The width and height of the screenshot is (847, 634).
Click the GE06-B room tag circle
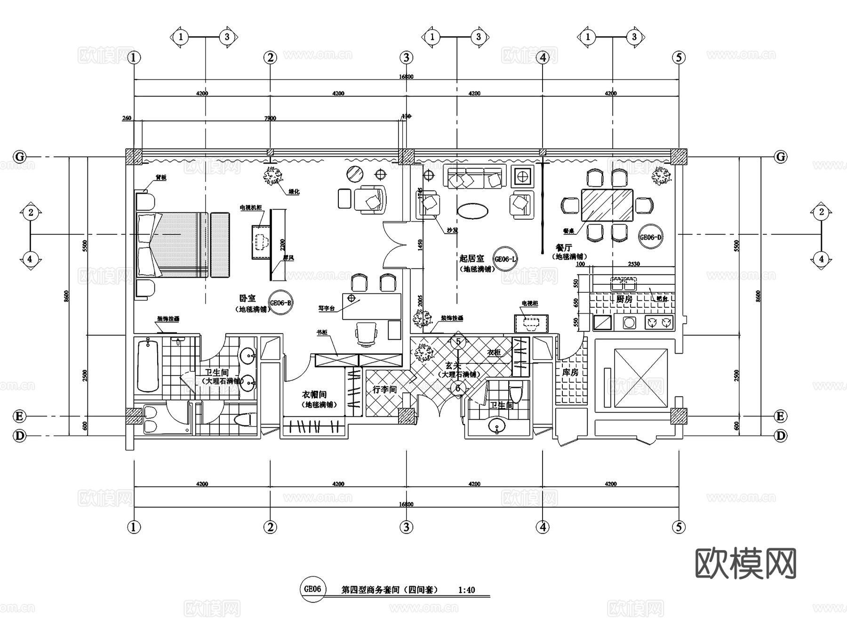(280, 303)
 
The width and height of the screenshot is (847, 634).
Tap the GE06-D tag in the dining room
(650, 238)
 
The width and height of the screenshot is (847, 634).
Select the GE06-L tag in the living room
(505, 259)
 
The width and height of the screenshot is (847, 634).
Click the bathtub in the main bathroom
(148, 365)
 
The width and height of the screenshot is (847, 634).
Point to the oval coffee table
(473, 210)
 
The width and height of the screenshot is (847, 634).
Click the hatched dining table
(607, 205)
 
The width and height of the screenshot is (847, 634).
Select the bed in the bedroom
(172, 245)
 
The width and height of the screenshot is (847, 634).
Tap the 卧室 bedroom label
(248, 298)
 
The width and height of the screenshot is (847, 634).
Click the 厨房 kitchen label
(624, 299)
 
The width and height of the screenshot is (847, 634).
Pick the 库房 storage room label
(570, 372)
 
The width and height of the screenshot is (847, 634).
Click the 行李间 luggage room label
(384, 390)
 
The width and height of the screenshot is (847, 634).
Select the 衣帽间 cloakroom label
(314, 395)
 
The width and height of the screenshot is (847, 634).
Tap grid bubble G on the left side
(19, 157)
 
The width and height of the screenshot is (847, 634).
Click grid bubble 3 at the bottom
(407, 527)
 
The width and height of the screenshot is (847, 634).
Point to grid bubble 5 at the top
(679, 57)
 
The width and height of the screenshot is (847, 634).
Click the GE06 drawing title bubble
(313, 589)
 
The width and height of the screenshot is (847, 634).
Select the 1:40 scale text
(466, 590)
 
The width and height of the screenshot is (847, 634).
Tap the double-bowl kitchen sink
(623, 284)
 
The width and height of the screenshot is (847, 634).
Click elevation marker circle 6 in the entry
(458, 388)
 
